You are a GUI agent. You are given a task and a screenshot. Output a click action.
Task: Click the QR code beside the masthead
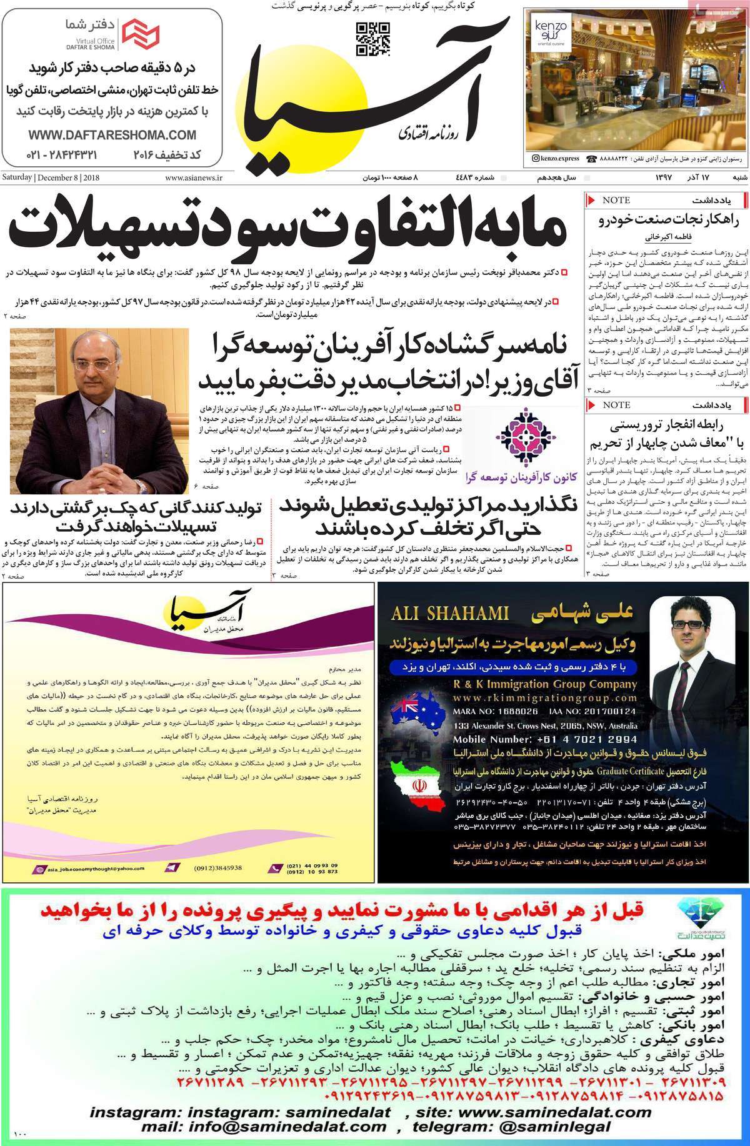coord(372,39)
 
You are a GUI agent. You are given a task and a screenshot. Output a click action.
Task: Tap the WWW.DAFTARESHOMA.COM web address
coord(112,135)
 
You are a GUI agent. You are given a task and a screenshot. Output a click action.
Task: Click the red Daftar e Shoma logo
coord(140,34)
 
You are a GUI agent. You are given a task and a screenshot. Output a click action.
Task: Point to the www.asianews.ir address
coord(194,178)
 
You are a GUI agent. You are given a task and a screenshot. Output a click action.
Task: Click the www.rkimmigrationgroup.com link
coord(545,698)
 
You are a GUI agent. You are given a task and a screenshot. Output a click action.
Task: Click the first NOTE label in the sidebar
coord(616,200)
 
